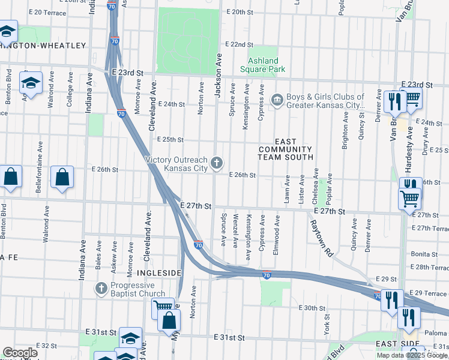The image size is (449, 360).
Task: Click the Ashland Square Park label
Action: click(263, 65)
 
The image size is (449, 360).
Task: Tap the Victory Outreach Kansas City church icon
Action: click(217, 162)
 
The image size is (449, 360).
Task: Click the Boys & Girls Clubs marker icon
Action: click(277, 100)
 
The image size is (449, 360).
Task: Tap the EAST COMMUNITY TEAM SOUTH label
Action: click(286, 153)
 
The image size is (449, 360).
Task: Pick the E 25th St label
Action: click(170, 139)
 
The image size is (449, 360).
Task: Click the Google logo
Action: click(19, 353)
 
